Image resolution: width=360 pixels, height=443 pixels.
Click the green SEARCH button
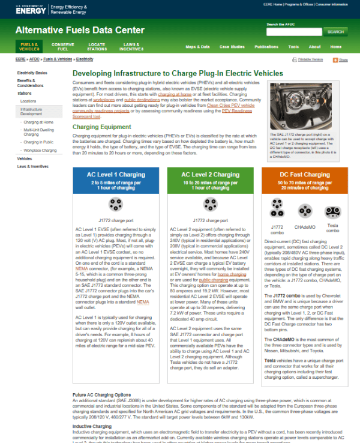pos(335,32)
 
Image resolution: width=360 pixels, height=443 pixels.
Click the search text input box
pos(294,32)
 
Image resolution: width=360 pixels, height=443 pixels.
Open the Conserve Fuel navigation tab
pos(63,46)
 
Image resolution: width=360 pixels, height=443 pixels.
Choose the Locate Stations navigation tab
pos(97,46)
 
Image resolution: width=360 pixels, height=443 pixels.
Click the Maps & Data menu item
pos(197,46)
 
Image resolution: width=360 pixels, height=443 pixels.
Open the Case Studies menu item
pos(232,46)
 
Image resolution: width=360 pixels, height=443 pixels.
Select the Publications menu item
pos(266,46)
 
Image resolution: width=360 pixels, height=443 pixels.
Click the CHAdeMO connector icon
pos(305,212)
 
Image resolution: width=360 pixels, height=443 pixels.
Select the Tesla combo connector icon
pos(332,212)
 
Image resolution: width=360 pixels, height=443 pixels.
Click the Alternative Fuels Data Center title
pos(80,30)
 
